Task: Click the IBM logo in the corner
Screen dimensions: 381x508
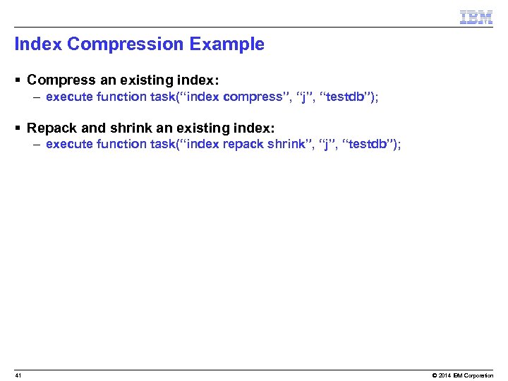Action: click(476, 18)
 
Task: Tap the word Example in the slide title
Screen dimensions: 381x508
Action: click(226, 44)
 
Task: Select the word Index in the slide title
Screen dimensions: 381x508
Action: click(38, 44)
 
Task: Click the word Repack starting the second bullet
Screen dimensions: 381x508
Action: click(51, 128)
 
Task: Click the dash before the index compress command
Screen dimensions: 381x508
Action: click(36, 97)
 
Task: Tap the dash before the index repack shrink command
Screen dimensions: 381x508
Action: click(36, 145)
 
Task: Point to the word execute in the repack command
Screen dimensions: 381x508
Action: click(67, 144)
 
